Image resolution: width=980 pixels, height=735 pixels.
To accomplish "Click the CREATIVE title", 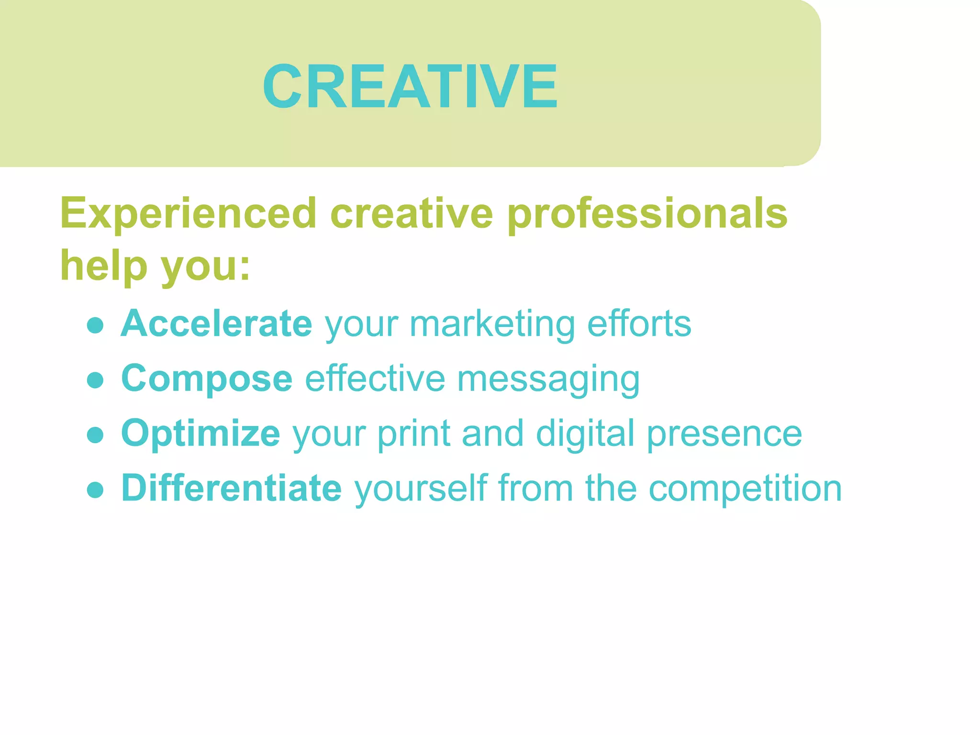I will [x=410, y=87].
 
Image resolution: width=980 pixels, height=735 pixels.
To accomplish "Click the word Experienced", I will [x=188, y=213].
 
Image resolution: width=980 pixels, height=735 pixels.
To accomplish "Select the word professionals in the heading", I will [x=647, y=213].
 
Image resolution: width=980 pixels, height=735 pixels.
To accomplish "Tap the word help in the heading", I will [x=103, y=266].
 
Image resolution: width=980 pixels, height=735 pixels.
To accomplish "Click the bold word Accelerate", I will [x=216, y=324].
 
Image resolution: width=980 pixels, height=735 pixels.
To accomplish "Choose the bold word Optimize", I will [x=200, y=434].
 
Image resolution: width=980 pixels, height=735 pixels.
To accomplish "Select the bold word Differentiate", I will [x=232, y=489].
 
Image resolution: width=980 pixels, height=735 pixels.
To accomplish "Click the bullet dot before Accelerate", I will [x=96, y=326].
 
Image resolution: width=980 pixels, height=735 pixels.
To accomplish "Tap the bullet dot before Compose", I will [x=96, y=380].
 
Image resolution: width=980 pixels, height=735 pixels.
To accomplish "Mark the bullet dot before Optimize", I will [x=96, y=435].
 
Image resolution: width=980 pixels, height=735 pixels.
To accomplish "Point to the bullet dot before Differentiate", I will [x=96, y=490].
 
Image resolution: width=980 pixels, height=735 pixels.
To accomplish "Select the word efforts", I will [x=639, y=324].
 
